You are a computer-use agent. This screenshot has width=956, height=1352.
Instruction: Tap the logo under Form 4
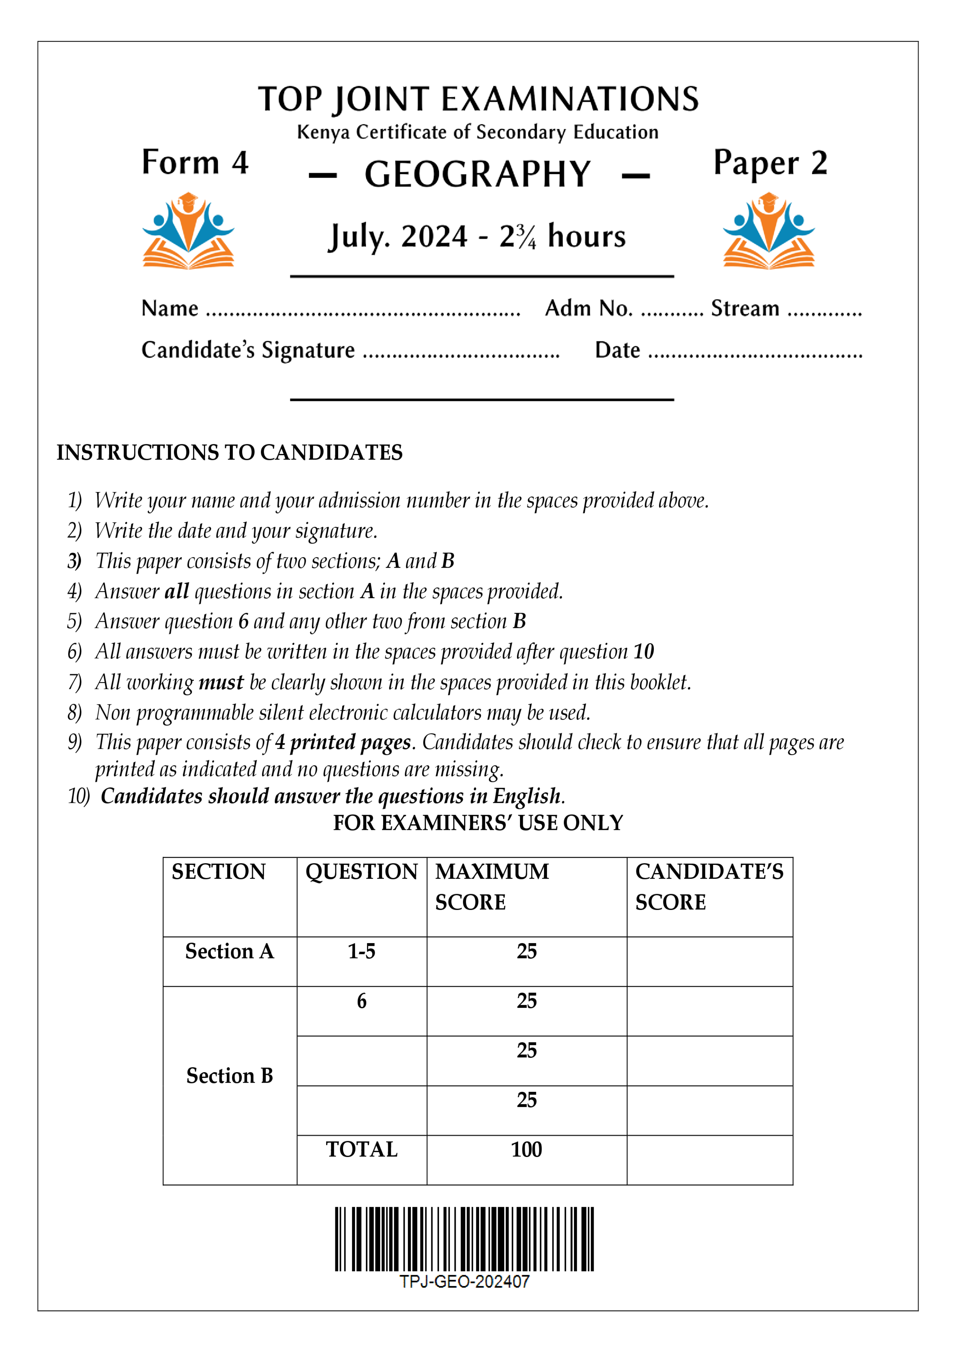click(189, 231)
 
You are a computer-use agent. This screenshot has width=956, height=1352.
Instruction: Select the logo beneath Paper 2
click(769, 231)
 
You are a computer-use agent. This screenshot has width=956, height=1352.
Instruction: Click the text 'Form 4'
click(195, 163)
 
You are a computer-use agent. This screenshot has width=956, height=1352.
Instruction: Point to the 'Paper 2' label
click(770, 163)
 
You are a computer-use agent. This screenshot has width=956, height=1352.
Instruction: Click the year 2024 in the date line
click(434, 237)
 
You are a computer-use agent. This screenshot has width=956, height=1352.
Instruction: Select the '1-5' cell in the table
click(361, 952)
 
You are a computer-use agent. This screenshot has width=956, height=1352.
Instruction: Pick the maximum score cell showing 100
click(526, 1149)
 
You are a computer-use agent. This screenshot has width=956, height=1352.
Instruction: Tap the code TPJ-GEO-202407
click(464, 1281)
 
